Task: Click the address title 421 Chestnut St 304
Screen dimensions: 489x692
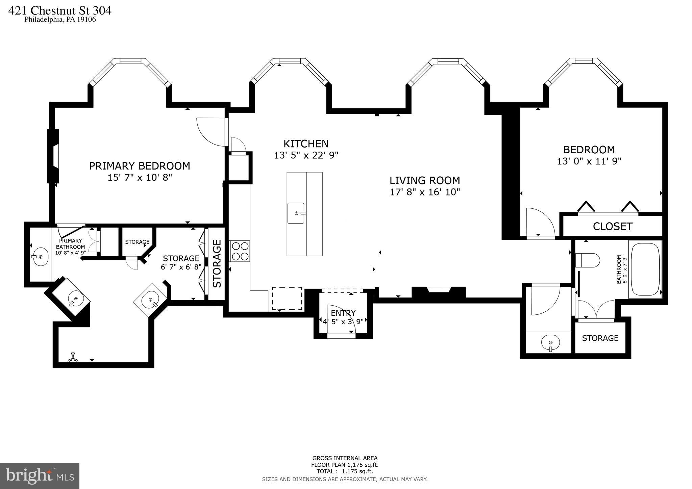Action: pos(59,11)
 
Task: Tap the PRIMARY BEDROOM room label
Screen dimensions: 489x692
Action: pos(140,166)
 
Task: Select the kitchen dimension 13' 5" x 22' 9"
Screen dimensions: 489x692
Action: pos(306,155)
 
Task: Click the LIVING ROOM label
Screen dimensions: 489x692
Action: pos(425,180)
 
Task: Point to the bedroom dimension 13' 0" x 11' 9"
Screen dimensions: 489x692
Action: pos(589,161)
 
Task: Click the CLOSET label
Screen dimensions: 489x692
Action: pos(612,226)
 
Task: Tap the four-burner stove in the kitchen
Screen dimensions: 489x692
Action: pos(240,251)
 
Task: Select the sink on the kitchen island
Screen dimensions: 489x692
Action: pos(296,213)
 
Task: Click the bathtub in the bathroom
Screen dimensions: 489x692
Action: pos(645,269)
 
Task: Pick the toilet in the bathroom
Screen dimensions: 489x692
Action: pos(587,260)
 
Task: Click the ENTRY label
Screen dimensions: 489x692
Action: pos(343,313)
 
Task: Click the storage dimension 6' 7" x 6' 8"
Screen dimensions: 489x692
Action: pos(181,267)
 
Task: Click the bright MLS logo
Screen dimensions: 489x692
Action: pos(40,476)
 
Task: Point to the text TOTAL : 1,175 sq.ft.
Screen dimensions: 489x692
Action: pos(345,471)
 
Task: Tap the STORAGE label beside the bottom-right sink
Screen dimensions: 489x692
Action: pos(600,338)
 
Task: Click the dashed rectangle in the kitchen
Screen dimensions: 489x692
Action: pos(287,299)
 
